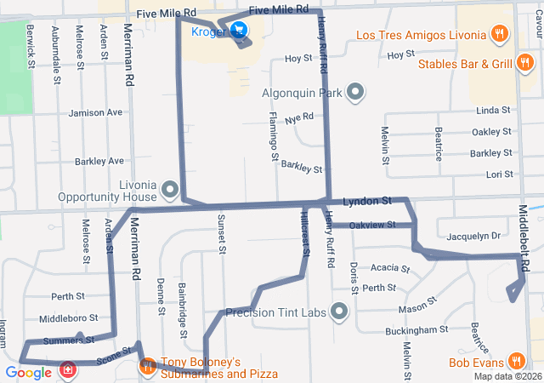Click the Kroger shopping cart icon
[240, 32]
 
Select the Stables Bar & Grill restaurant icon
[525, 63]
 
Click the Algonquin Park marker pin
[355, 92]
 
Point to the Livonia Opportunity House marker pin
[169, 189]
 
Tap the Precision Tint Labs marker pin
[340, 312]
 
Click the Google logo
[28, 372]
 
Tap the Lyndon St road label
[366, 201]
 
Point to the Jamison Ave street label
[96, 112]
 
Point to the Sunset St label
[221, 234]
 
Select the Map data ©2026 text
[507, 376]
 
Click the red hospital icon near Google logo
[66, 371]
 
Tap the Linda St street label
[493, 111]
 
